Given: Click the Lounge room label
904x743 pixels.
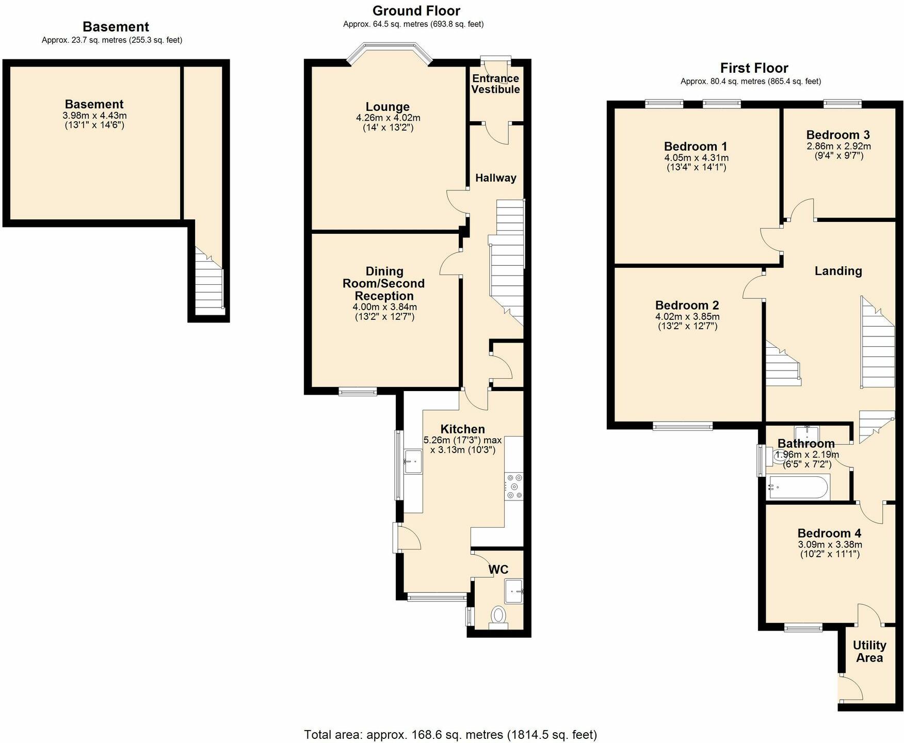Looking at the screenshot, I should [x=388, y=107].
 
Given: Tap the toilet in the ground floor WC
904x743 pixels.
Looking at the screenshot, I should [x=498, y=616].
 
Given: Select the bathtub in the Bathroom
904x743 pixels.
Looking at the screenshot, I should [x=798, y=487].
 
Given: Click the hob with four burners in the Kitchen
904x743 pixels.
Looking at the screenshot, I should [x=514, y=486].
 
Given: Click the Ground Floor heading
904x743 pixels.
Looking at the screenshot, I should [x=416, y=11].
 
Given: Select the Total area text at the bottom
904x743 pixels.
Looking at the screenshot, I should [x=450, y=734].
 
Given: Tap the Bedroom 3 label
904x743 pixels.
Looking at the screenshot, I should [x=838, y=135].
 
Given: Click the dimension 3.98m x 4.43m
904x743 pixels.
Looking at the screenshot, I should [x=94, y=116].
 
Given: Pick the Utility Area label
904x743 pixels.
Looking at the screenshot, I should [x=869, y=652].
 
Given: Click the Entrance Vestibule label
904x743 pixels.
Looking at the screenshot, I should [x=495, y=84].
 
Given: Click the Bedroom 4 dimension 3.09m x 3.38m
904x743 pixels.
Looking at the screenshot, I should [x=830, y=544].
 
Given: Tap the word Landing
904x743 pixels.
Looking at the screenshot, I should [x=838, y=271].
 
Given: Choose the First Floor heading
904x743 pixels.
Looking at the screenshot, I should [x=754, y=68].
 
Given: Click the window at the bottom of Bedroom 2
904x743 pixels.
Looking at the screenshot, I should [x=683, y=426].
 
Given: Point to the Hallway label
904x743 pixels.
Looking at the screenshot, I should [x=495, y=178].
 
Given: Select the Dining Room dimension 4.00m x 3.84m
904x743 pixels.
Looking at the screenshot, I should [x=384, y=307].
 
